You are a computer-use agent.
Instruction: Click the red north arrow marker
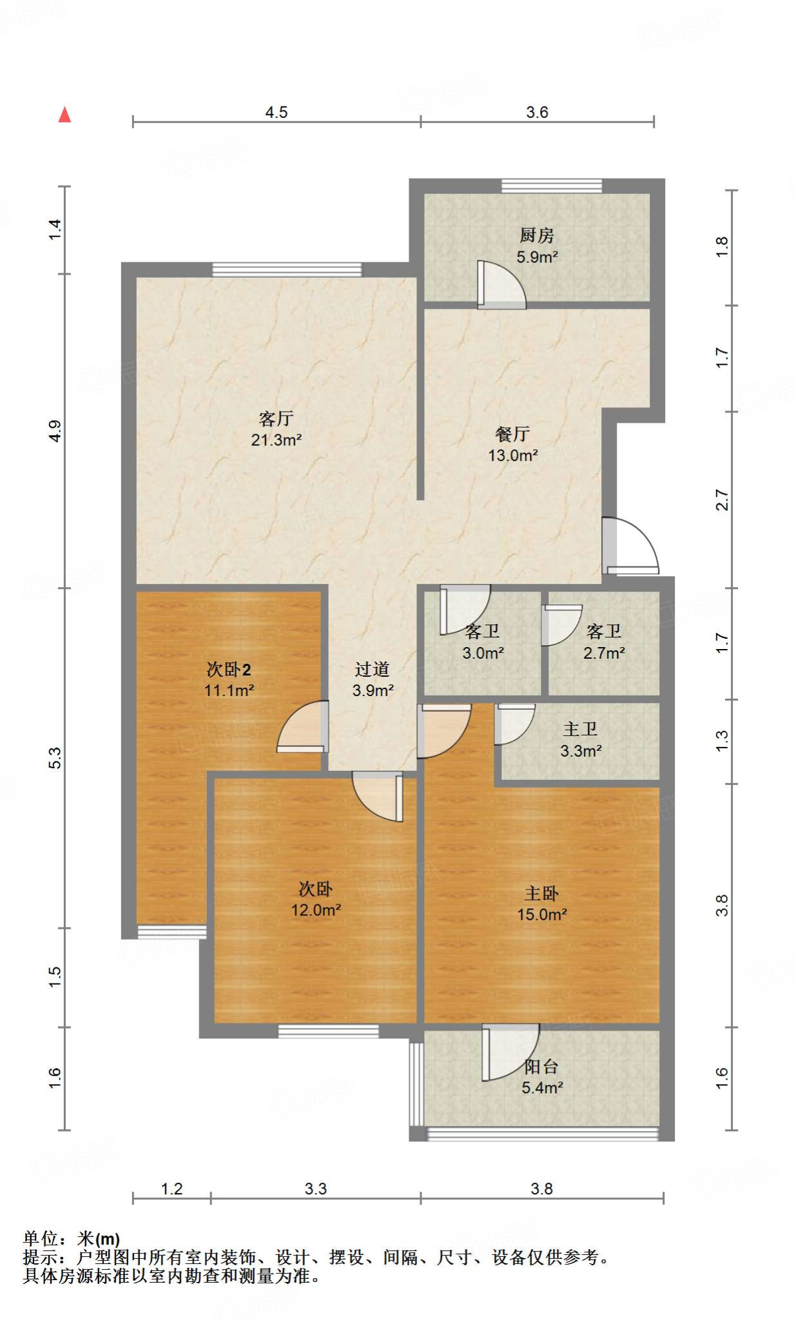click(x=64, y=115)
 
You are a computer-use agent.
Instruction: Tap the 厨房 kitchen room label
click(x=537, y=235)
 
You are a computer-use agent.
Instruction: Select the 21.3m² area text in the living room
click(x=277, y=440)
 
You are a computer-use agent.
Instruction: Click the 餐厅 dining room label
click(x=513, y=434)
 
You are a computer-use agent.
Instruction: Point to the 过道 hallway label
click(x=373, y=669)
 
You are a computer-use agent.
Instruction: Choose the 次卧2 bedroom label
click(x=229, y=669)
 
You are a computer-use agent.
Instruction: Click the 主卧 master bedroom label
click(x=541, y=893)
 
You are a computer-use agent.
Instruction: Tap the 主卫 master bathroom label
click(x=581, y=729)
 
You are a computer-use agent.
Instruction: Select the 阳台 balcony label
click(x=541, y=1067)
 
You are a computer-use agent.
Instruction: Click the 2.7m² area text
click(x=604, y=653)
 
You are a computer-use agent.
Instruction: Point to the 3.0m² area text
click(x=483, y=653)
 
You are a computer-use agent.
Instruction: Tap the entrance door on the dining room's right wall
click(x=630, y=545)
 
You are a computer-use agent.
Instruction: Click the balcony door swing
click(x=510, y=1052)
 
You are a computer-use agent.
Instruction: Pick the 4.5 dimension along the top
click(x=277, y=112)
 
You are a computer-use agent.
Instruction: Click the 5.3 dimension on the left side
click(x=55, y=757)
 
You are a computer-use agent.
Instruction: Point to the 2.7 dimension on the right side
click(x=722, y=500)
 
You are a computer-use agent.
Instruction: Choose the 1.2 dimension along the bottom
click(x=171, y=1189)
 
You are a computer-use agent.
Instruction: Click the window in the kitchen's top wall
click(x=552, y=186)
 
